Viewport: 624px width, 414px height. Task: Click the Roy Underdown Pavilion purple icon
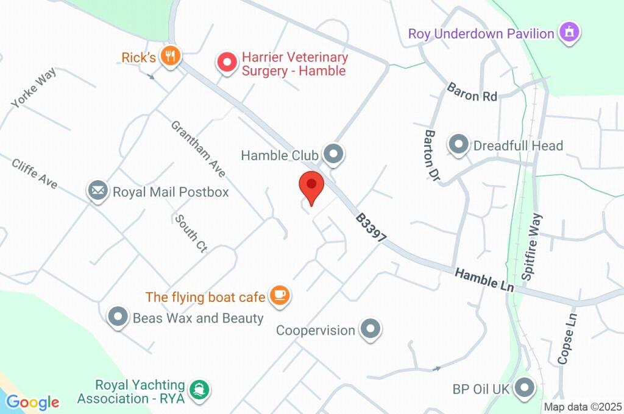tap(570, 33)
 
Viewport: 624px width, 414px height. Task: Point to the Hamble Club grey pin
tap(333, 155)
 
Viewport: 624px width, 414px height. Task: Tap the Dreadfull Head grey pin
tap(458, 145)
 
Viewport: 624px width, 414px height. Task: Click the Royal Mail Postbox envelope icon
tap(97, 191)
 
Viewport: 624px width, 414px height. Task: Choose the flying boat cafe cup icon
tap(280, 296)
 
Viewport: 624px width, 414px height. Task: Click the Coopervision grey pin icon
tap(370, 329)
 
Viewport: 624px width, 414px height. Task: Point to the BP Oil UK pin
tap(523, 387)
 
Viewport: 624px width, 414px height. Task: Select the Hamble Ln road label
tap(484, 279)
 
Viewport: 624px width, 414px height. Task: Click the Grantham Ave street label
tap(198, 149)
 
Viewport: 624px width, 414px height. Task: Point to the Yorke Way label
tap(34, 88)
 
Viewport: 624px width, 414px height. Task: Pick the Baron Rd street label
tap(472, 92)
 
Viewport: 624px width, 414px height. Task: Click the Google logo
tap(33, 402)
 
